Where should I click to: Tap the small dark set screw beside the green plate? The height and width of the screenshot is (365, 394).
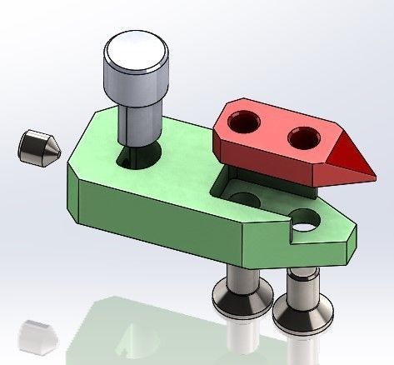37,147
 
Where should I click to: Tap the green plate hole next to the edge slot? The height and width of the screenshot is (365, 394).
306,220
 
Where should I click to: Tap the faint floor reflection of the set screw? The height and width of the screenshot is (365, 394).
34,333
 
